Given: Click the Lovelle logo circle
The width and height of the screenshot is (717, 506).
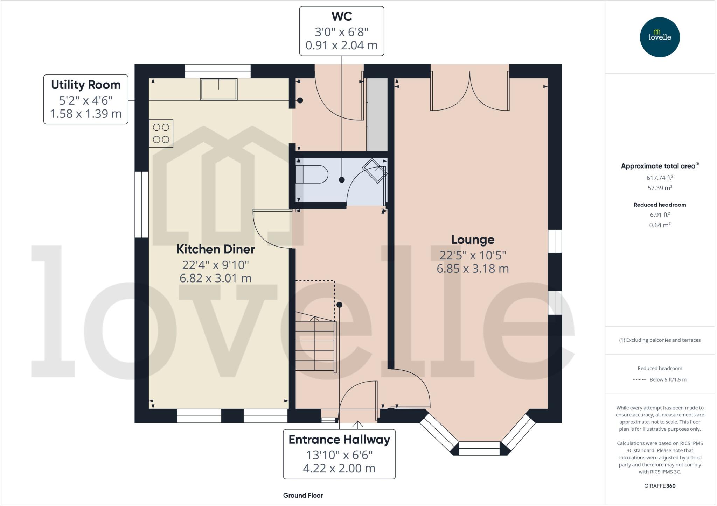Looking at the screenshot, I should tap(660, 37).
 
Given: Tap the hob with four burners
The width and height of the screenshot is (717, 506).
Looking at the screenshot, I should tap(161, 133).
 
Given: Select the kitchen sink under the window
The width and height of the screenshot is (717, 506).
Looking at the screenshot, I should tap(218, 89).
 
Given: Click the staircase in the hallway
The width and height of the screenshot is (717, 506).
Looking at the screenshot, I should tap(315, 344).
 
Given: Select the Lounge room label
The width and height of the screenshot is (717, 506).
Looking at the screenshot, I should tap(473, 240).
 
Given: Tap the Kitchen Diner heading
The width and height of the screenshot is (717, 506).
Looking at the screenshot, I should tap(215, 249).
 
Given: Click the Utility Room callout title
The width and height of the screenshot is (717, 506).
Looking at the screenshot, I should tap(86, 85).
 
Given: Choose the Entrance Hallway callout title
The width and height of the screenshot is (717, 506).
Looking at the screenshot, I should tap(339, 440).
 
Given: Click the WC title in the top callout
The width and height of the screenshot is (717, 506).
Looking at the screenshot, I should tap(341, 16).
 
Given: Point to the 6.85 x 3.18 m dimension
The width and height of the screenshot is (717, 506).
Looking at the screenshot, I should tap(473, 269).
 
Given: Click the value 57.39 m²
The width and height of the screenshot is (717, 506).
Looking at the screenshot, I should tap(660, 188).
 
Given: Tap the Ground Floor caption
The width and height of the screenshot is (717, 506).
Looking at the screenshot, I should tap(303, 495).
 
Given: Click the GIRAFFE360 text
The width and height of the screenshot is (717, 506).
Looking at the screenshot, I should tap(660, 486).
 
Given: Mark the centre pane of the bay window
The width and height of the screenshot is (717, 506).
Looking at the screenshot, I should tap(479, 448).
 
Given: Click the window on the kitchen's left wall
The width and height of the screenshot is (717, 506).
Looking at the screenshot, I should tap(141, 205).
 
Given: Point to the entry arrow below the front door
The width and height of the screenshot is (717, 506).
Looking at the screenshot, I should tap(357, 425).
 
